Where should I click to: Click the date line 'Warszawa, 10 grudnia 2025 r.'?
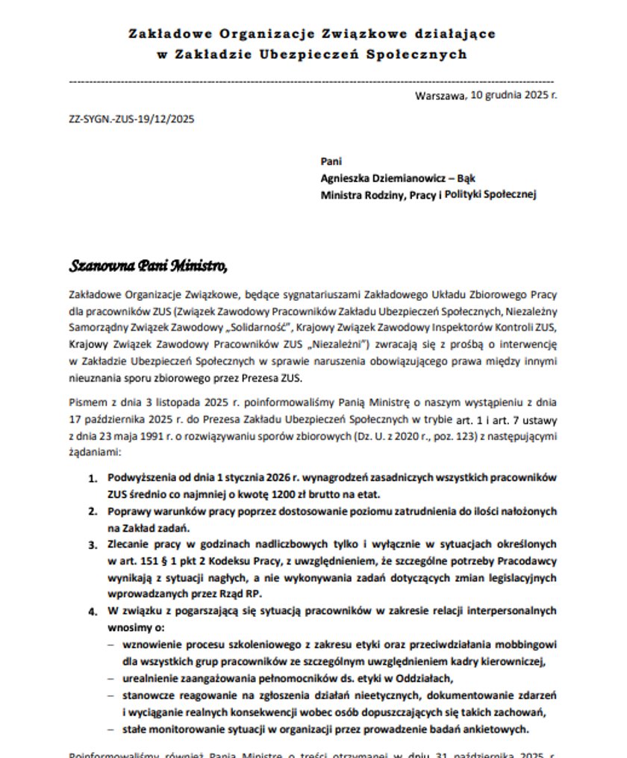click(487, 96)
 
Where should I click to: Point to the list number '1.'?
click(93, 477)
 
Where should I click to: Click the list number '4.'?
click(93, 611)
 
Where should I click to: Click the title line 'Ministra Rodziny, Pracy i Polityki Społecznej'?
click(428, 194)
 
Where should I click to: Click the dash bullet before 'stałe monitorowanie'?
click(111, 729)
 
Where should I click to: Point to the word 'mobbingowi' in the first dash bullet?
click(528, 644)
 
